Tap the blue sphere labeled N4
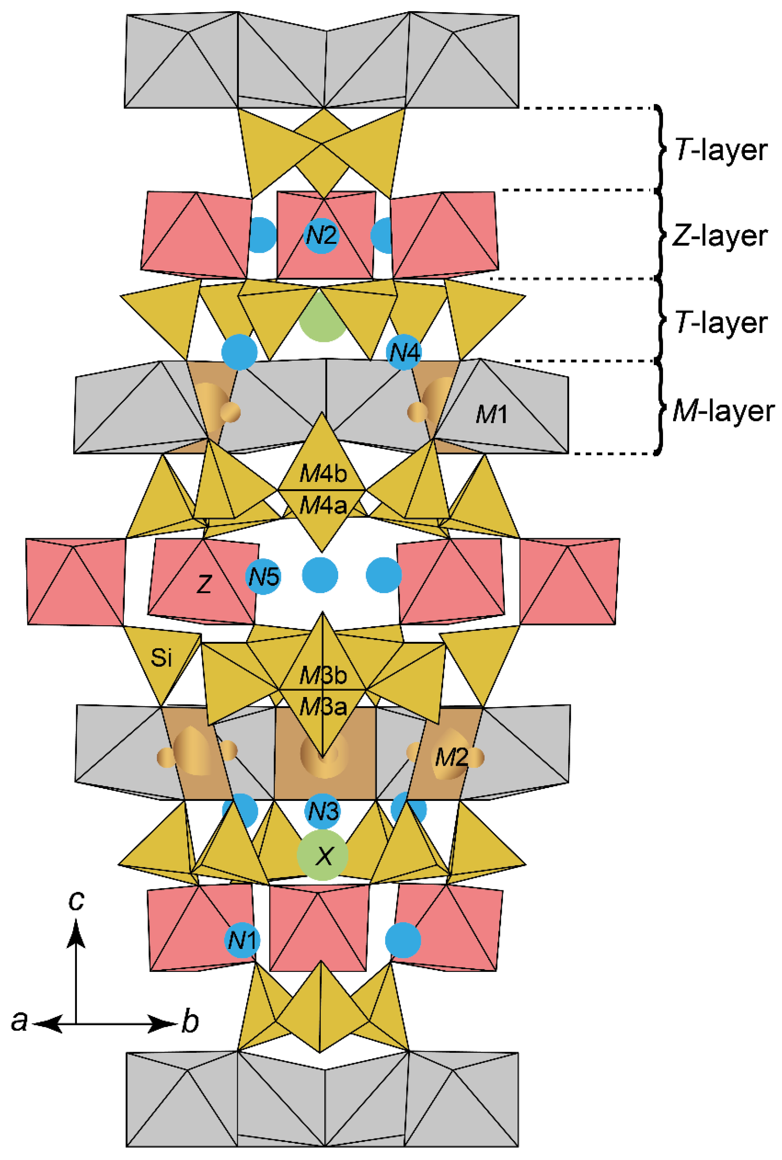click(404, 352)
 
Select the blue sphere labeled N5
click(264, 577)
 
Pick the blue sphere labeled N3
click(322, 811)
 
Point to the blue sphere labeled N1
click(242, 940)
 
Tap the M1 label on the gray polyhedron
click(491, 414)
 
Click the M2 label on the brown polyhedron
click(451, 758)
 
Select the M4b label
click(323, 474)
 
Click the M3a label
click(323, 706)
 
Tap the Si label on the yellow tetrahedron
click(161, 658)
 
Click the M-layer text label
click(723, 411)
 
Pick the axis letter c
click(76, 900)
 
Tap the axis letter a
click(19, 1021)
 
